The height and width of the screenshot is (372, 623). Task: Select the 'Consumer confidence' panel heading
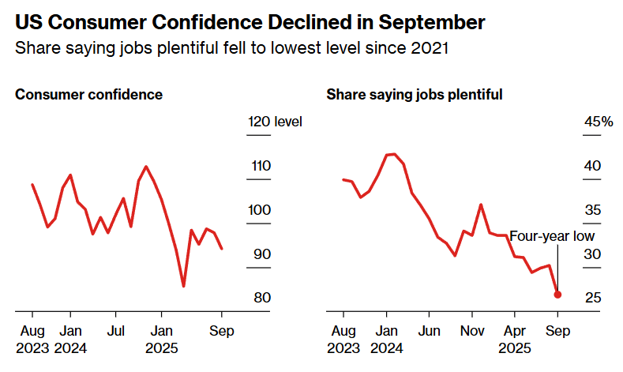[89, 95]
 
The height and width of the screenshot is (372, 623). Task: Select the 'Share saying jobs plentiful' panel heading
[415, 95]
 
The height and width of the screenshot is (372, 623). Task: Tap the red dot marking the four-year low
[557, 295]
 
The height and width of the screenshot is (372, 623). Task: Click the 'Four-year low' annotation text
[551, 235]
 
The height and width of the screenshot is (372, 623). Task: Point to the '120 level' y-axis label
[275, 122]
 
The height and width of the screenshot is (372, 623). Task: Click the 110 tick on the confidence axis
[260, 166]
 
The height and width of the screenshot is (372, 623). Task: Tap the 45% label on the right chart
[598, 122]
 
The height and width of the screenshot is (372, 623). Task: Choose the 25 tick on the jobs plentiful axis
[592, 298]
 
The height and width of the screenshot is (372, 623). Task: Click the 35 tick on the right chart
[592, 210]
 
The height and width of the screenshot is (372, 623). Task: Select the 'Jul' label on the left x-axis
[116, 330]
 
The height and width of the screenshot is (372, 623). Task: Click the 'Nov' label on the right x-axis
[471, 330]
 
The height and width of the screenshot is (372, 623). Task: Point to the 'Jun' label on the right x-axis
[429, 330]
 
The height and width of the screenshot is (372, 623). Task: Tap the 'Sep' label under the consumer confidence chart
[221, 330]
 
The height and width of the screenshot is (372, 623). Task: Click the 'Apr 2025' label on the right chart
[515, 338]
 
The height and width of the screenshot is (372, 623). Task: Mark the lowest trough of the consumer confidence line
[183, 286]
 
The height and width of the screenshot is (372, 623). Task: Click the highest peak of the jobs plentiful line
[390, 154]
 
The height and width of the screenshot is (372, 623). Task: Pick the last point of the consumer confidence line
[222, 249]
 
